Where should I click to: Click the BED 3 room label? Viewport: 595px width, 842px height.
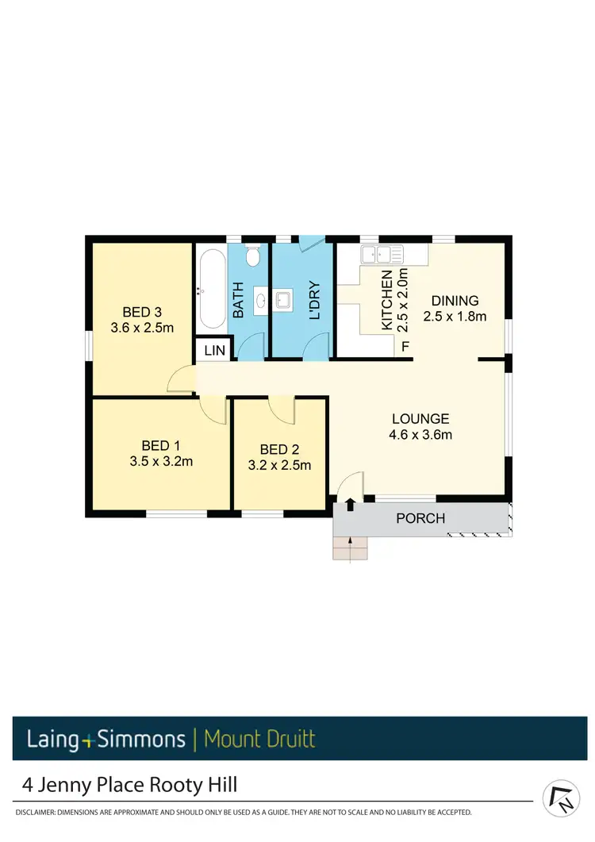pos(142,310)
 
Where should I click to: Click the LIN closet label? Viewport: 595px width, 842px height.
pos(215,350)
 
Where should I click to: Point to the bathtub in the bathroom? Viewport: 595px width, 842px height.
pos(212,290)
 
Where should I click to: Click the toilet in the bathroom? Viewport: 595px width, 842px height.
pos(253,256)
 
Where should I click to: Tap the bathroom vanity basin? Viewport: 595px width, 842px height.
pos(261,301)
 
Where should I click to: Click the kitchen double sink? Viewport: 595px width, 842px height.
pos(382,255)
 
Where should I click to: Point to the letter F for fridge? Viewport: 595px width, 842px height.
pos(405,347)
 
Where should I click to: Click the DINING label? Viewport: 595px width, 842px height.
pos(455,301)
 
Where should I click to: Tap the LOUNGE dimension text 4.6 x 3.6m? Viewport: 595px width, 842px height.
pos(420,434)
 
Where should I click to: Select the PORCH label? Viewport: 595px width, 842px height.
pos(420,518)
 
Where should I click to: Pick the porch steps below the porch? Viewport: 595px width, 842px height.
pos(351,548)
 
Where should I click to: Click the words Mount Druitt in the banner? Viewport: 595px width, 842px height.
pos(259,740)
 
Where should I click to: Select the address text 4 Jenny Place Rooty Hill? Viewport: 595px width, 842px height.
pos(129,786)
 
